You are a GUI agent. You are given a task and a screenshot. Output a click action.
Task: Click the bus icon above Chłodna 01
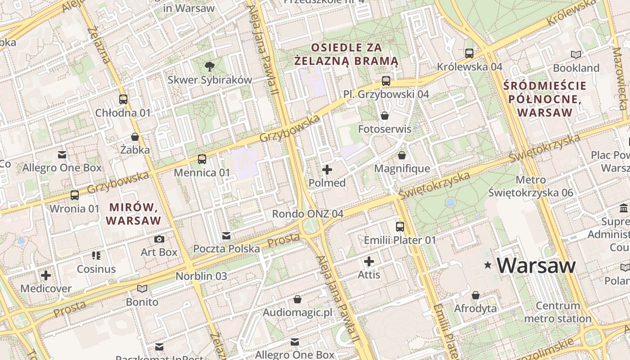click(123, 99)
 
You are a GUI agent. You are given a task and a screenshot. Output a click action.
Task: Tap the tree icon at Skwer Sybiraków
click(209, 67)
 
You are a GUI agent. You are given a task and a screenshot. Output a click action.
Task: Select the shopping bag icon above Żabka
click(135, 137)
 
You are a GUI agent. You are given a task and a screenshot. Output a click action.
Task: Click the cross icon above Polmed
click(327, 170)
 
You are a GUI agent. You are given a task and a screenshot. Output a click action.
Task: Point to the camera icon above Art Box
click(159, 239)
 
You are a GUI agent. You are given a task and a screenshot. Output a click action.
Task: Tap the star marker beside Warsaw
click(487, 265)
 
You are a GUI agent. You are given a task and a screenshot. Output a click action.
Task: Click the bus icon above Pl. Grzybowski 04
click(386, 81)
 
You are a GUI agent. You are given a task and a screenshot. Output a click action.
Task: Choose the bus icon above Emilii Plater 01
click(400, 227)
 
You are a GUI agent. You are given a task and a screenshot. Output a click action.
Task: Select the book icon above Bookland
click(576, 54)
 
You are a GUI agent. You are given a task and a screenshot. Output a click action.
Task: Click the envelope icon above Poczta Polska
click(226, 236)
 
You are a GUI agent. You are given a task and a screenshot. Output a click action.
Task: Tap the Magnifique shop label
click(402, 169)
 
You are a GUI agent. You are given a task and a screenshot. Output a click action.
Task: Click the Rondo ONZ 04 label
click(307, 214)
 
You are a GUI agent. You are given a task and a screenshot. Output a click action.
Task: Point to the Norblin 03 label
click(201, 276)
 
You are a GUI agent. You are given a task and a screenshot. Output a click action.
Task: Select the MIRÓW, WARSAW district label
click(134, 214)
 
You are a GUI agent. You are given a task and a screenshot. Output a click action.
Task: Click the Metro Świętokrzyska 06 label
click(531, 186)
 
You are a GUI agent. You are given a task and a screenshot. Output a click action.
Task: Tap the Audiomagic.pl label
click(297, 312)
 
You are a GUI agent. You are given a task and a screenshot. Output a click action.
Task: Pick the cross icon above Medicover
click(45, 275)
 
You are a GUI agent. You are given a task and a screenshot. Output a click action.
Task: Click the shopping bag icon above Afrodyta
click(475, 295)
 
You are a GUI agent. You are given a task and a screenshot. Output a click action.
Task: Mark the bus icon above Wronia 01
click(74, 195)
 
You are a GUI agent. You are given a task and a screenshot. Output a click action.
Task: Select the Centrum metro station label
click(558, 312)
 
